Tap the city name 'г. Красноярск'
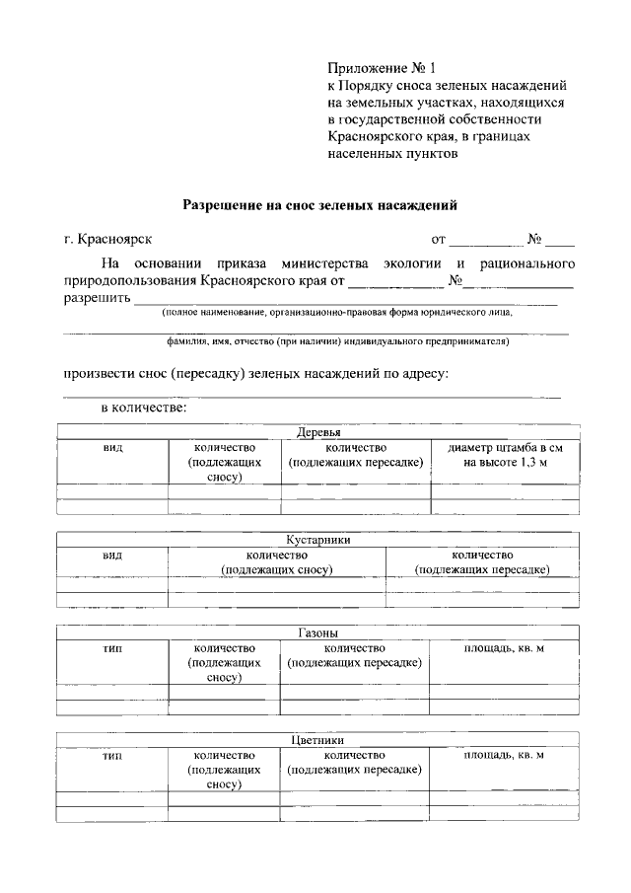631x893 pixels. [108, 239]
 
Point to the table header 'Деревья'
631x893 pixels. [318, 432]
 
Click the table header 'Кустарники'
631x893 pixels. [318, 540]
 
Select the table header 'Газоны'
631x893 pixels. [318, 633]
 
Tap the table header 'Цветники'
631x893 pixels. [318, 739]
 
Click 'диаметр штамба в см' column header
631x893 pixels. [504, 447]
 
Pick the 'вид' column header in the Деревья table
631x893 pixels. [112, 447]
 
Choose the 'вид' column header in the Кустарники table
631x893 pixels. [112, 555]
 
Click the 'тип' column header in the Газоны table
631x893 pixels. [112, 647]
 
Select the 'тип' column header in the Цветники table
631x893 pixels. [112, 755]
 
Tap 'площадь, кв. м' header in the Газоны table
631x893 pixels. [504, 647]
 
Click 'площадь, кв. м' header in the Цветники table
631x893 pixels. [504, 755]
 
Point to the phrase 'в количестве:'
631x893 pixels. [144, 406]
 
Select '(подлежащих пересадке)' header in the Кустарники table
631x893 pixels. [482, 569]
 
